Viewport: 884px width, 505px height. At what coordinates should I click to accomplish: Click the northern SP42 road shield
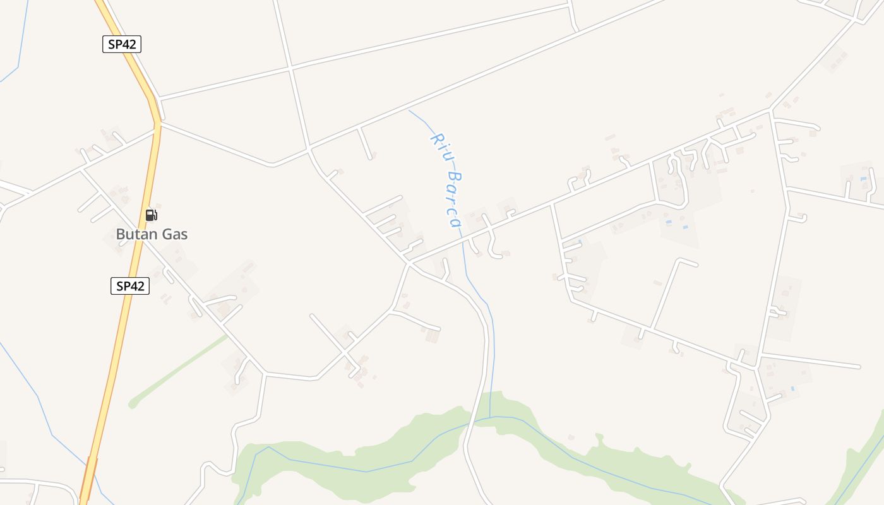tap(121, 44)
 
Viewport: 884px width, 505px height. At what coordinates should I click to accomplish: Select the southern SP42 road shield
tap(130, 286)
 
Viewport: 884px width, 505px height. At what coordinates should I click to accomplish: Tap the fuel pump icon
tap(151, 215)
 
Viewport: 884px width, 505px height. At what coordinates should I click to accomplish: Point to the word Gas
tap(175, 234)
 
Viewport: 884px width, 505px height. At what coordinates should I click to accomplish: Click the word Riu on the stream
tap(439, 142)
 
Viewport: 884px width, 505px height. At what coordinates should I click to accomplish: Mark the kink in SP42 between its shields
tap(156, 114)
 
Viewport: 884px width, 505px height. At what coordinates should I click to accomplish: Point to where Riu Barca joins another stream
tap(490, 417)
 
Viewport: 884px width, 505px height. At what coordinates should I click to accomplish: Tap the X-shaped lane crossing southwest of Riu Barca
tap(344, 348)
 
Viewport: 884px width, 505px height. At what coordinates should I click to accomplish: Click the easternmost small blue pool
tap(863, 179)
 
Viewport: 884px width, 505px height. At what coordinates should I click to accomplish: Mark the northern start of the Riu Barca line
tap(409, 110)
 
